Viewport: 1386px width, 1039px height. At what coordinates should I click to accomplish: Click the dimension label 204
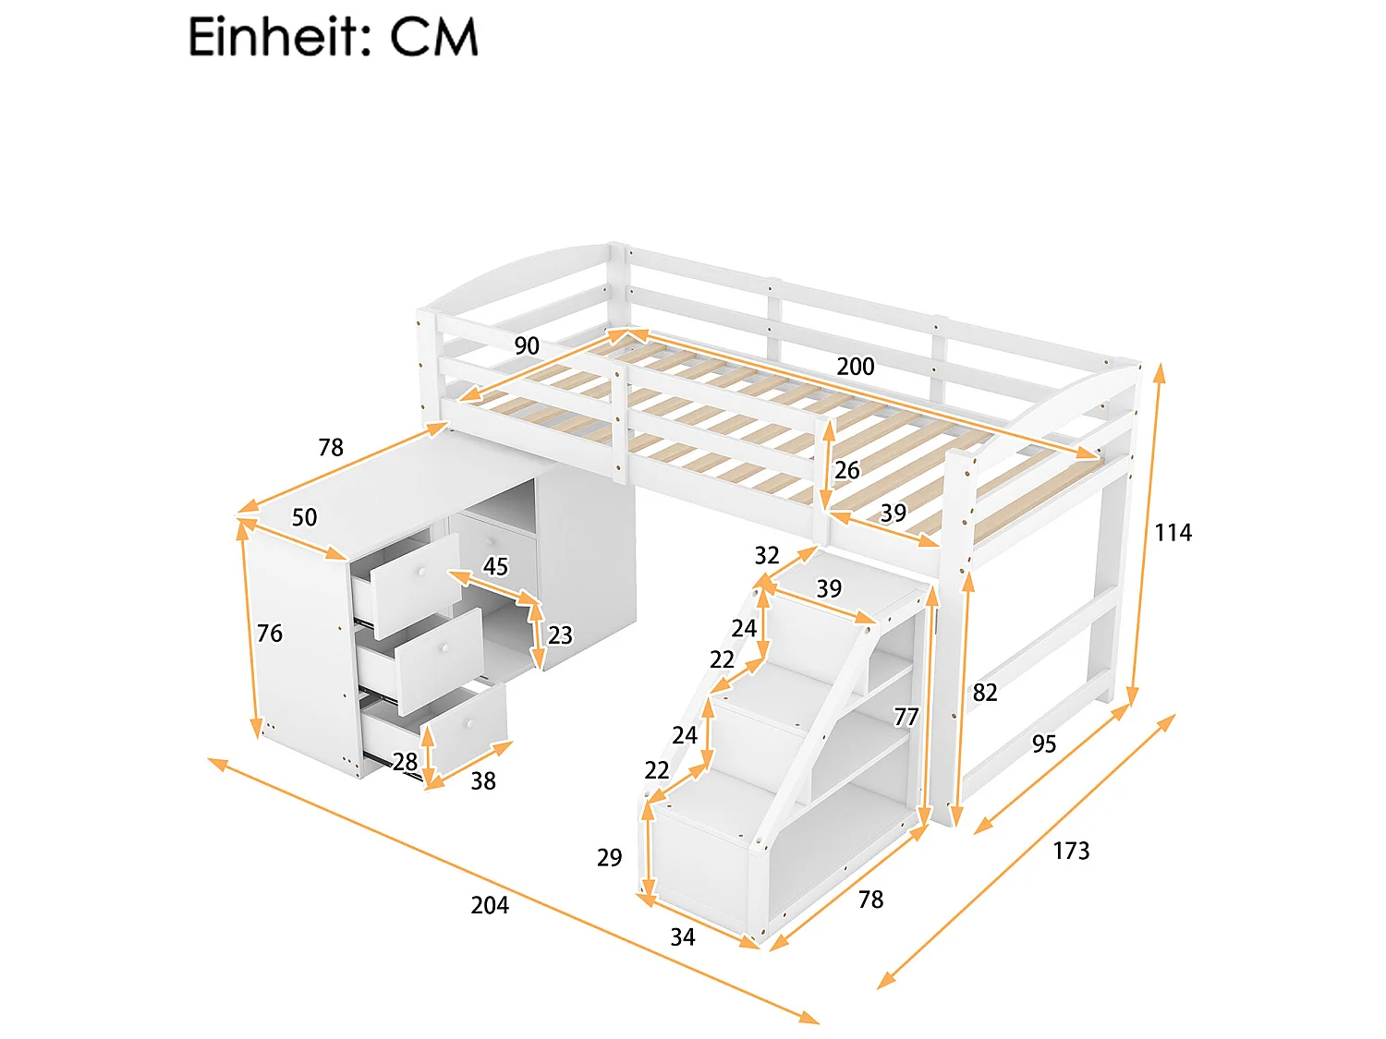tap(490, 905)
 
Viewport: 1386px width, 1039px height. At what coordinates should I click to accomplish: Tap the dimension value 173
tap(1071, 851)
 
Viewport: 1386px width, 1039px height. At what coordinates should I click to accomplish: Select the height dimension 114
tap(1173, 533)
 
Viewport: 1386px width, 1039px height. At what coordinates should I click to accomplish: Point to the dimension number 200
tap(855, 367)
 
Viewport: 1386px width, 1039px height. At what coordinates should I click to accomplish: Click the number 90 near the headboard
tap(527, 346)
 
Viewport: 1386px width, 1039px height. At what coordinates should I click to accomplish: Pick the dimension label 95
tap(1044, 744)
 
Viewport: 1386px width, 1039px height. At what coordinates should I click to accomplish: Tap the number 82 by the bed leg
tap(985, 693)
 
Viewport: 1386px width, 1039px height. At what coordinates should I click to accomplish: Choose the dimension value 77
tap(906, 717)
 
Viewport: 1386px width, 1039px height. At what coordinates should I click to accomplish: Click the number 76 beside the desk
tap(270, 634)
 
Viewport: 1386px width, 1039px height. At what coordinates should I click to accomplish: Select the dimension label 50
tap(305, 517)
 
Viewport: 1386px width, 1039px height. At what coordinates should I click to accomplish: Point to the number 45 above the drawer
tap(496, 566)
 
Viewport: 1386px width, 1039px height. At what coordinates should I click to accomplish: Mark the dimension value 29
tap(609, 858)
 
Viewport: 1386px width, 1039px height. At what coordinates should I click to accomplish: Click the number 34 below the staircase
tap(682, 937)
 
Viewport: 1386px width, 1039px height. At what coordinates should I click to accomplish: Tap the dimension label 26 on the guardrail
tap(846, 471)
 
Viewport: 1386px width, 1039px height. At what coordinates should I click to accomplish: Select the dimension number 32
tap(767, 555)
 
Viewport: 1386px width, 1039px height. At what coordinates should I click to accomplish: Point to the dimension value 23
tap(560, 635)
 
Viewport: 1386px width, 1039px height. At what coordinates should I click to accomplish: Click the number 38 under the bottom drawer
tap(483, 781)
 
